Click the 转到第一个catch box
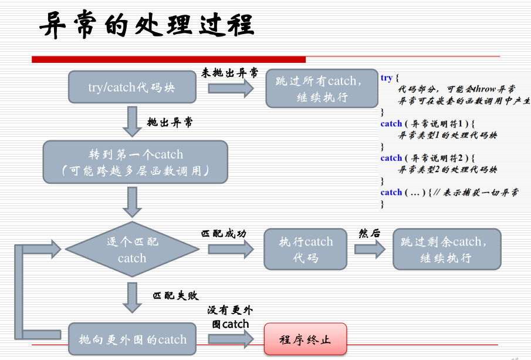[135, 162]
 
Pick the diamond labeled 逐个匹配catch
[132, 250]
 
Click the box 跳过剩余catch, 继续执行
[447, 249]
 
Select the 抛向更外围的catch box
[132, 339]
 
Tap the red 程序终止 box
[305, 339]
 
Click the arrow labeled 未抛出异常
[231, 88]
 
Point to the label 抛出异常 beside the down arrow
[170, 123]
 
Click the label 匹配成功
[224, 233]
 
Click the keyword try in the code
[387, 78]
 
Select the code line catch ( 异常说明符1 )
[426, 123]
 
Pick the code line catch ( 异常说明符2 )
[426, 157]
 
